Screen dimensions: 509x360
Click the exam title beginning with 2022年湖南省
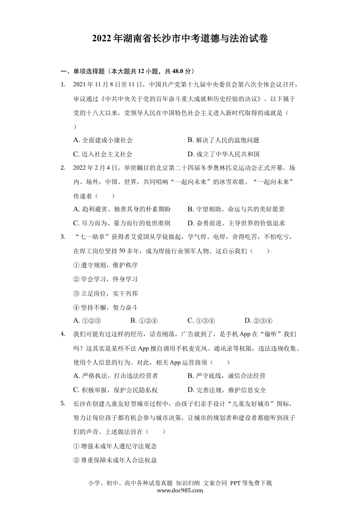click(x=180, y=39)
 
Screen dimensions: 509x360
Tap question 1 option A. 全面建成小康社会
click(x=103, y=140)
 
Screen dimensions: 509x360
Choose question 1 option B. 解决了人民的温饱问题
click(x=223, y=140)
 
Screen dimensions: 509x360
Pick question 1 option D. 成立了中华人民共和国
click(x=223, y=154)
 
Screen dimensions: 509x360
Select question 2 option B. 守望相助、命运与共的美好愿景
click(x=236, y=209)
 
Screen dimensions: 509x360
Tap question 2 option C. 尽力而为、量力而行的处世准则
click(x=122, y=223)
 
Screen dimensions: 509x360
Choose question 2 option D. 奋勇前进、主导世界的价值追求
click(x=236, y=223)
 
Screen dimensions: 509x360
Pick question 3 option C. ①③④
click(x=201, y=321)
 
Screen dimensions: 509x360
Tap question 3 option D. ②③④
click(x=258, y=321)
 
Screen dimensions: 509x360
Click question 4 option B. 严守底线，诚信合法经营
click(x=226, y=376)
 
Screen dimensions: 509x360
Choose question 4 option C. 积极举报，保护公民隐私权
click(x=115, y=390)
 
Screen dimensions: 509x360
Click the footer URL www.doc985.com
click(x=180, y=490)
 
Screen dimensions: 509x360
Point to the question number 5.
click(x=63, y=403)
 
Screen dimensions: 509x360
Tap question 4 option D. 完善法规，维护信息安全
click(x=227, y=390)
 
